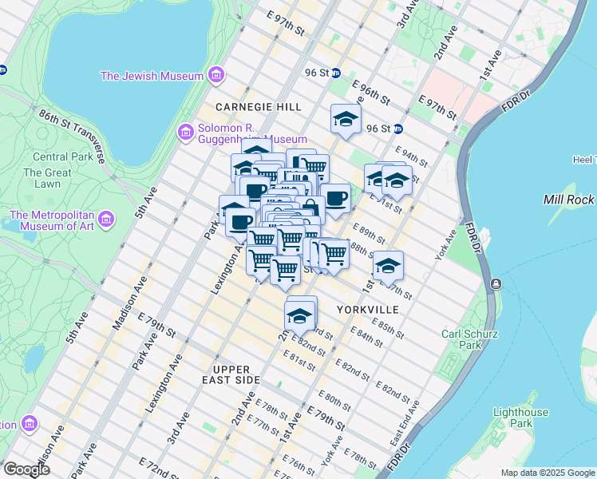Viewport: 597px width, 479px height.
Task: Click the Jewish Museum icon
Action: coord(215,76)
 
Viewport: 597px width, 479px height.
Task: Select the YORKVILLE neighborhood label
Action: coord(367,309)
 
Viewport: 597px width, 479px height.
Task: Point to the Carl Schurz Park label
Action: coord(463,338)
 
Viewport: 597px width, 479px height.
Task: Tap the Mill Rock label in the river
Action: coord(569,200)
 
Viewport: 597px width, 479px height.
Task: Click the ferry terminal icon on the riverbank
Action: coord(496,284)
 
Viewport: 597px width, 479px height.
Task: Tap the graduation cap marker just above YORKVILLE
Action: coord(299,316)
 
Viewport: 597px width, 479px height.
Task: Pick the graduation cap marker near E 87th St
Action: coord(388,267)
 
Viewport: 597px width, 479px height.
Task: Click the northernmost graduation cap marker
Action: coord(346,120)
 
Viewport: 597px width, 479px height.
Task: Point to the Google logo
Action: coord(27,469)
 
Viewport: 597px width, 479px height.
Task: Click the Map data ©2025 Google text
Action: coord(547,473)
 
